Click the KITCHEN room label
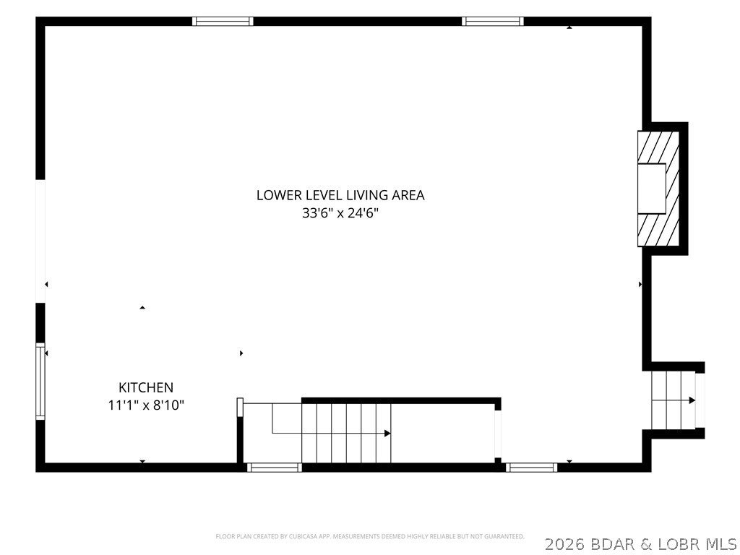(146, 387)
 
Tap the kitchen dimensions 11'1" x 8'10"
(146, 405)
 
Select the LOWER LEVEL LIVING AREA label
(340, 195)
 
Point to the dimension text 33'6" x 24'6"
(340, 213)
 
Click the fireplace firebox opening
(652, 189)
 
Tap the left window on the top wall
(223, 21)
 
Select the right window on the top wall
(493, 21)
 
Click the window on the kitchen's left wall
(40, 382)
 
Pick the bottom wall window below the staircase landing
(274, 468)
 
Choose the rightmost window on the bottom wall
(531, 468)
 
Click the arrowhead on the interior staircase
(387, 434)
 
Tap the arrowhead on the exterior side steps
(692, 400)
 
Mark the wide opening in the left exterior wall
(40, 241)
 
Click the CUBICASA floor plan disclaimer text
(370, 537)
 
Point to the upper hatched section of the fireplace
(659, 147)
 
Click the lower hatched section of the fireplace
(659, 230)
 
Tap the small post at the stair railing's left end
(240, 408)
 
